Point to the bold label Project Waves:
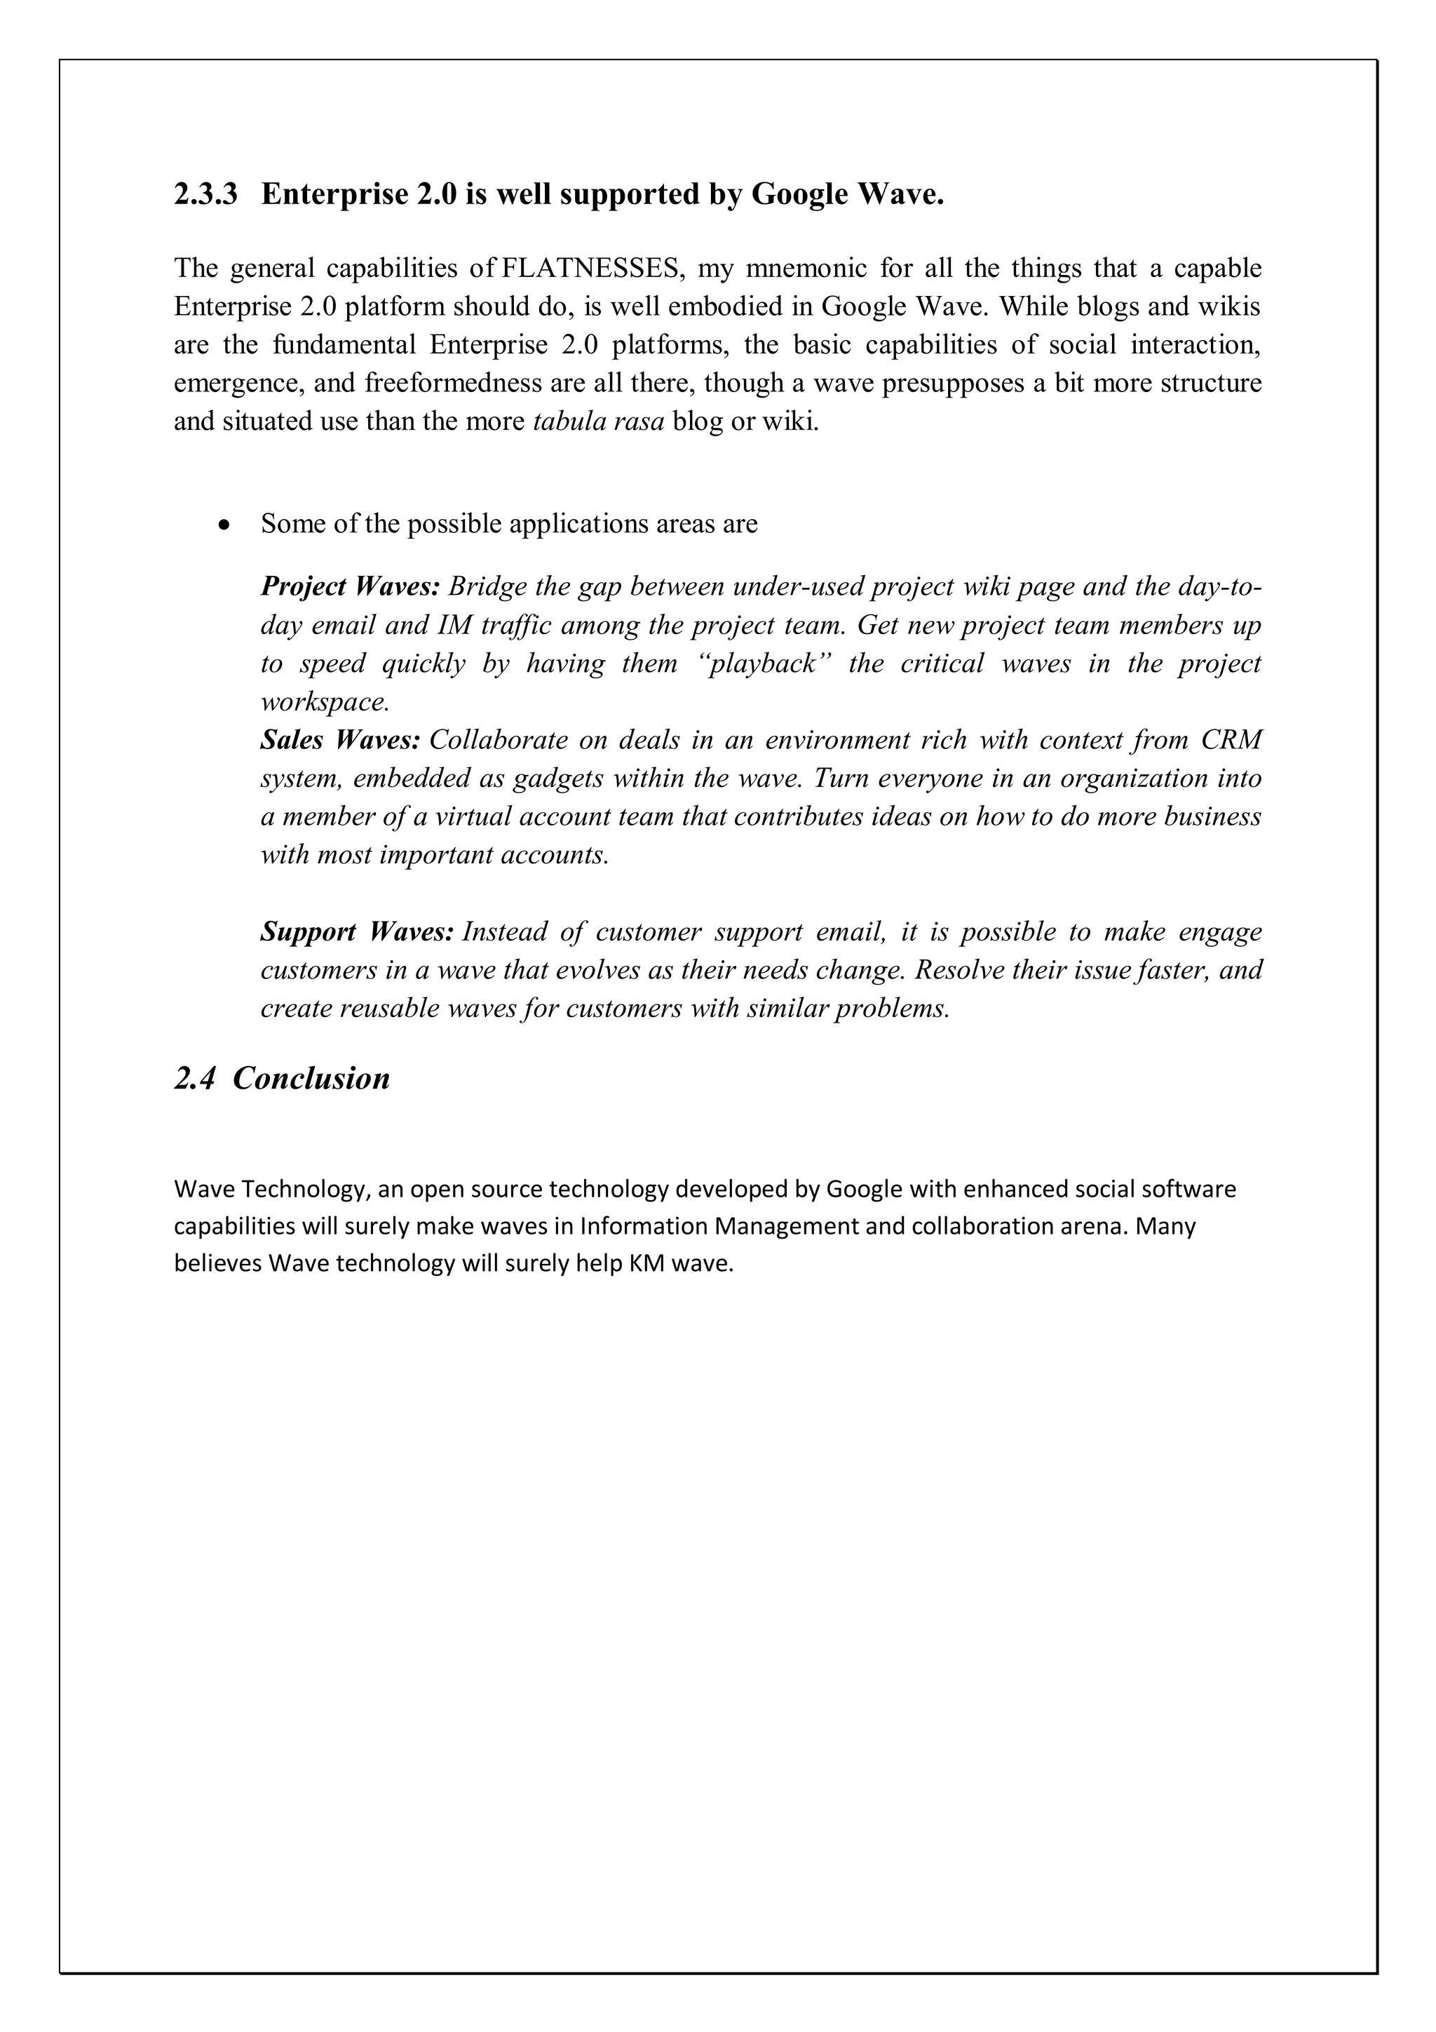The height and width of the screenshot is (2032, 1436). [x=349, y=586]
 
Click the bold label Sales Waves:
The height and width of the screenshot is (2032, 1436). [x=340, y=739]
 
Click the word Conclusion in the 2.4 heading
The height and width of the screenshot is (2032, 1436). [x=311, y=1078]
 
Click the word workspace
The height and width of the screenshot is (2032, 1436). [x=324, y=702]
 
